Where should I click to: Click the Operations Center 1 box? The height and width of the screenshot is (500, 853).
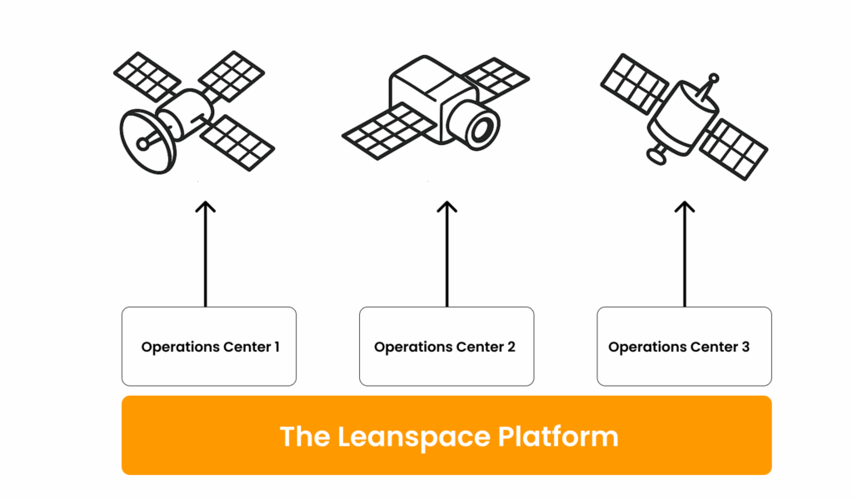(x=209, y=347)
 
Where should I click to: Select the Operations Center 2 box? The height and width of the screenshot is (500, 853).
(x=446, y=347)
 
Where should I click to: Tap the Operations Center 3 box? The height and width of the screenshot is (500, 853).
(x=685, y=347)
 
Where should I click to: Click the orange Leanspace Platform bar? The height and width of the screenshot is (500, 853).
(x=446, y=435)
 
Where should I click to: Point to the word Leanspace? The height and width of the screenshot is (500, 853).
(x=414, y=437)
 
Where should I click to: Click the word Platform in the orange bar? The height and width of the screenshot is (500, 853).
(x=558, y=437)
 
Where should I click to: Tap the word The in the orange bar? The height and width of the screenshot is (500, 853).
(x=305, y=437)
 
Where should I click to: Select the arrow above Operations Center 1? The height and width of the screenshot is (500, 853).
(x=206, y=254)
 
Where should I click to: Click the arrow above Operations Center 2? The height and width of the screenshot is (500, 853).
(x=446, y=254)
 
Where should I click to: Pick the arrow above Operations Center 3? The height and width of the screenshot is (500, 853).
(x=685, y=254)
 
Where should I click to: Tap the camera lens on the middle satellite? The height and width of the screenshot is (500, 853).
(x=481, y=128)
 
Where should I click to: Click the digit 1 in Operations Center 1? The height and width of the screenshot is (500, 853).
(x=277, y=347)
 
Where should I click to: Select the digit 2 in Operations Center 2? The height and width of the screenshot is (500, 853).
(x=511, y=347)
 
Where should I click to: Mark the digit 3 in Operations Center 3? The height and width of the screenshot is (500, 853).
(x=746, y=347)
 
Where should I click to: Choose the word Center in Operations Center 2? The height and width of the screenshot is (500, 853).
(x=479, y=347)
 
